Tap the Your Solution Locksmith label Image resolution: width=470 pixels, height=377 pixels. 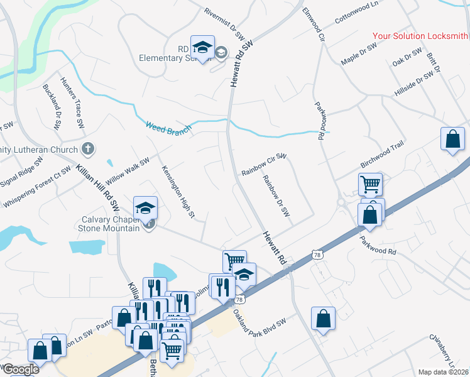420,36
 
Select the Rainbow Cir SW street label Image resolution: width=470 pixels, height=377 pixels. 264,165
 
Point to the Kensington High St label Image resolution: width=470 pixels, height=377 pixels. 178,184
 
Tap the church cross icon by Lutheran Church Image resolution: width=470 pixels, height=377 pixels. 89,149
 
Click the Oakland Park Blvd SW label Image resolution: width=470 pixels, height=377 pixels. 259,325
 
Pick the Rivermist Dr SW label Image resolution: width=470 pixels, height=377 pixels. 225,24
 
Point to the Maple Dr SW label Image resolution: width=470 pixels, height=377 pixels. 358,55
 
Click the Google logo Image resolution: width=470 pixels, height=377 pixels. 20,369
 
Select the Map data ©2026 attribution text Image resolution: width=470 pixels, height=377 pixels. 444,372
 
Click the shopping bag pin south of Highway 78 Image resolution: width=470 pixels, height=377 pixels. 323,318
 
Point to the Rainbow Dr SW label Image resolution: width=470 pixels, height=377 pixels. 276,196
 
